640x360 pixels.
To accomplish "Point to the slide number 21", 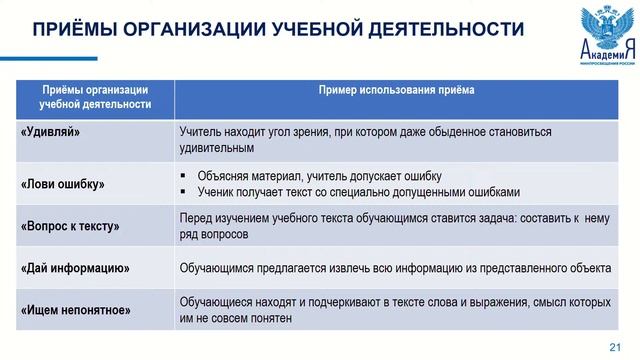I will coord(615,345).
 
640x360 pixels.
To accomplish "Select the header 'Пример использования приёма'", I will coord(397,90).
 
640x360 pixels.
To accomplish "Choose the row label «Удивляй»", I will coord(50,131).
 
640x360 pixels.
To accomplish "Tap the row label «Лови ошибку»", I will coord(62,184).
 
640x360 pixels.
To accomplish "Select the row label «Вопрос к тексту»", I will coord(70,226).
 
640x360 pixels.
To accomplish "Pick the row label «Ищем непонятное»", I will coord(75,310).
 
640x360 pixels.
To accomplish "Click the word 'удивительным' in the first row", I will coord(217,148).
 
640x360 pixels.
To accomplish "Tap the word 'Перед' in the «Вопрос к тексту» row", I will coord(196,218).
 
